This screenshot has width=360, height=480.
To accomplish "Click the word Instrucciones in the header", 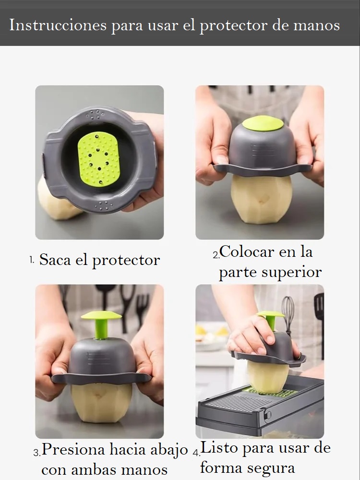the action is click(58, 25).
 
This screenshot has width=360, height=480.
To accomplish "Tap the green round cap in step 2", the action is click(263, 123).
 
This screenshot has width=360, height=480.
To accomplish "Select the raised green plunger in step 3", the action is click(101, 324).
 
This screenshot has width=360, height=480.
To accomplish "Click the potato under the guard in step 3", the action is click(102, 403).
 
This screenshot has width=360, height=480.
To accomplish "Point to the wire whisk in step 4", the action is click(288, 314).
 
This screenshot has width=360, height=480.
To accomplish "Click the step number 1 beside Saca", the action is click(32, 260).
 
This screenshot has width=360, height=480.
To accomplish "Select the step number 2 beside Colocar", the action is click(216, 255).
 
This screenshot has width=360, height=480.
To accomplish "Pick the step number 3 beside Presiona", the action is click(37, 453).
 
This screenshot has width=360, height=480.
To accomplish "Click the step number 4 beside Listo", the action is click(196, 452).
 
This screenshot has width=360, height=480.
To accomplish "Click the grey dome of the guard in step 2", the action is click(263, 147).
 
